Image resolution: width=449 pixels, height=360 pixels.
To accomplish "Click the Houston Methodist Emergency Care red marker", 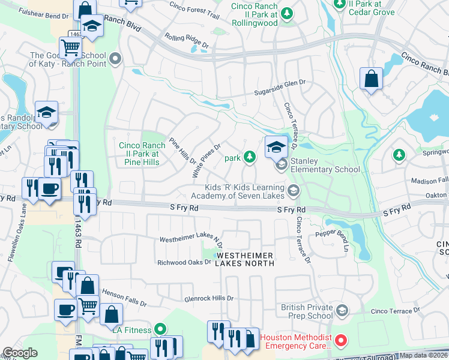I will [x=341, y=341].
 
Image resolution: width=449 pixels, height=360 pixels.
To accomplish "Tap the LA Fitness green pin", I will [x=160, y=328].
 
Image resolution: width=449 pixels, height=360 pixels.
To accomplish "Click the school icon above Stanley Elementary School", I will [x=276, y=145].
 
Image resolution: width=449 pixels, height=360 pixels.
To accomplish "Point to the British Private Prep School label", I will [x=306, y=311].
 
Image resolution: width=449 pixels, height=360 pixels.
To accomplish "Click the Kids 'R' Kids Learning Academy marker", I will [x=294, y=191].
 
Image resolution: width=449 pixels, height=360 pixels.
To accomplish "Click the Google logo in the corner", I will [x=20, y=353].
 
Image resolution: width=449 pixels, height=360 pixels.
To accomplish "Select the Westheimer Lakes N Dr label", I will [x=190, y=240].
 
